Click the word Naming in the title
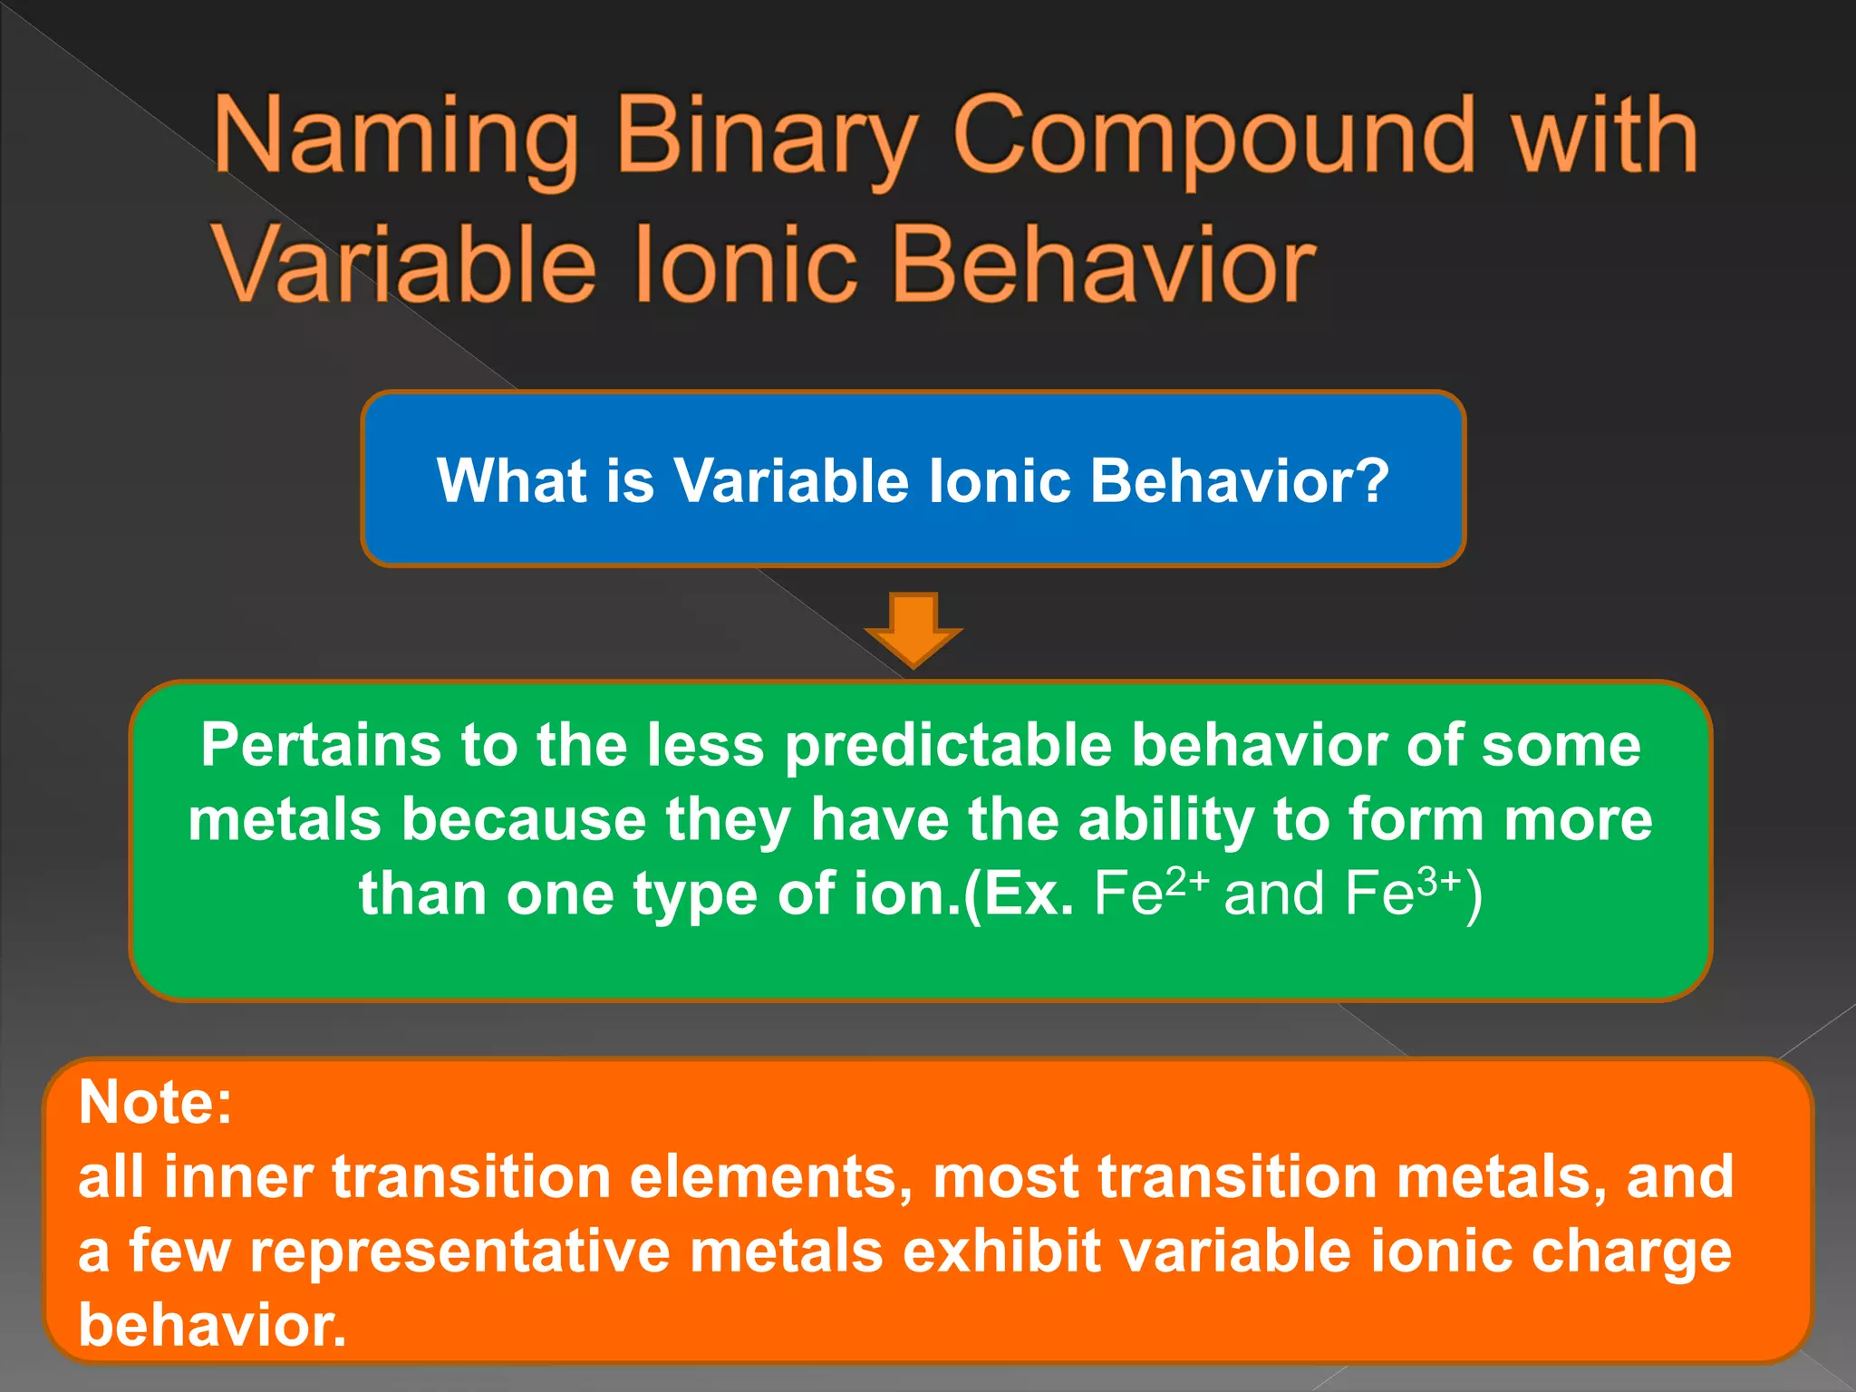396,138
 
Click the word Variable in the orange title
405,266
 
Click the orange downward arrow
913,628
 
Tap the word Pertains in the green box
323,745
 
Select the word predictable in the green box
948,747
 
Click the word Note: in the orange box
156,1102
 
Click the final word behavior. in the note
212,1325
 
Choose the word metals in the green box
285,820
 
